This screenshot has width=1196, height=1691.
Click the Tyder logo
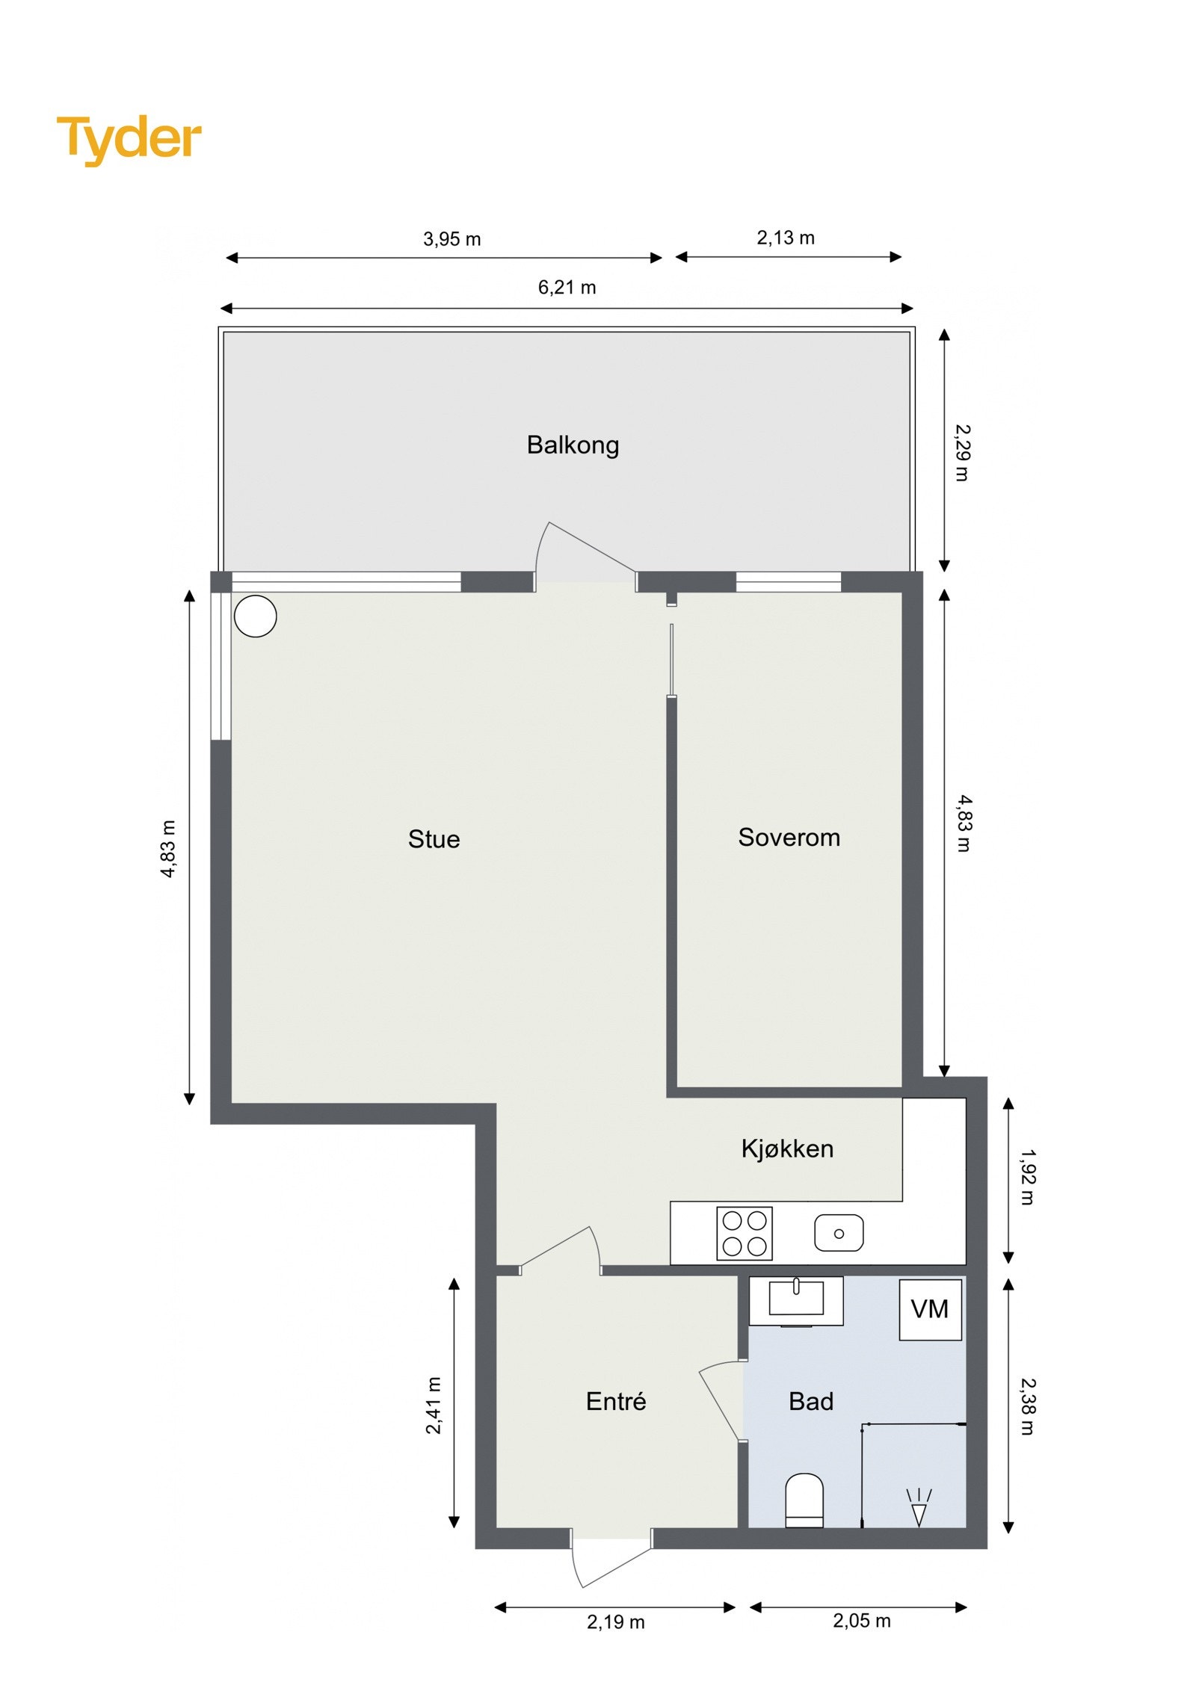129,138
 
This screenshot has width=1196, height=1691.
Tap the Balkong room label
573,445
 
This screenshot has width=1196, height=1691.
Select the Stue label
434,839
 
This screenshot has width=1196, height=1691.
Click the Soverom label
789,837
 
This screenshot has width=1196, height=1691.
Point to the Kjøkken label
787,1149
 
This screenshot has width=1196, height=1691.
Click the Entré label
615,1401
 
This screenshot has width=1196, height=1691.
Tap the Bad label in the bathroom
810,1401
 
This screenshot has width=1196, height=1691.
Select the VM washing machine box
929,1309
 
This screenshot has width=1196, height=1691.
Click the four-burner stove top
744,1234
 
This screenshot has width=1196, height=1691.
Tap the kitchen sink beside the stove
838,1233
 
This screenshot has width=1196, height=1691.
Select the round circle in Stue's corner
256,616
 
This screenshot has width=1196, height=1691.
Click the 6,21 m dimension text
567,288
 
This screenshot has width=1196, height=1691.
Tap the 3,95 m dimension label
451,239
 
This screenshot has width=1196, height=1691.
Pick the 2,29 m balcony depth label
963,453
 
